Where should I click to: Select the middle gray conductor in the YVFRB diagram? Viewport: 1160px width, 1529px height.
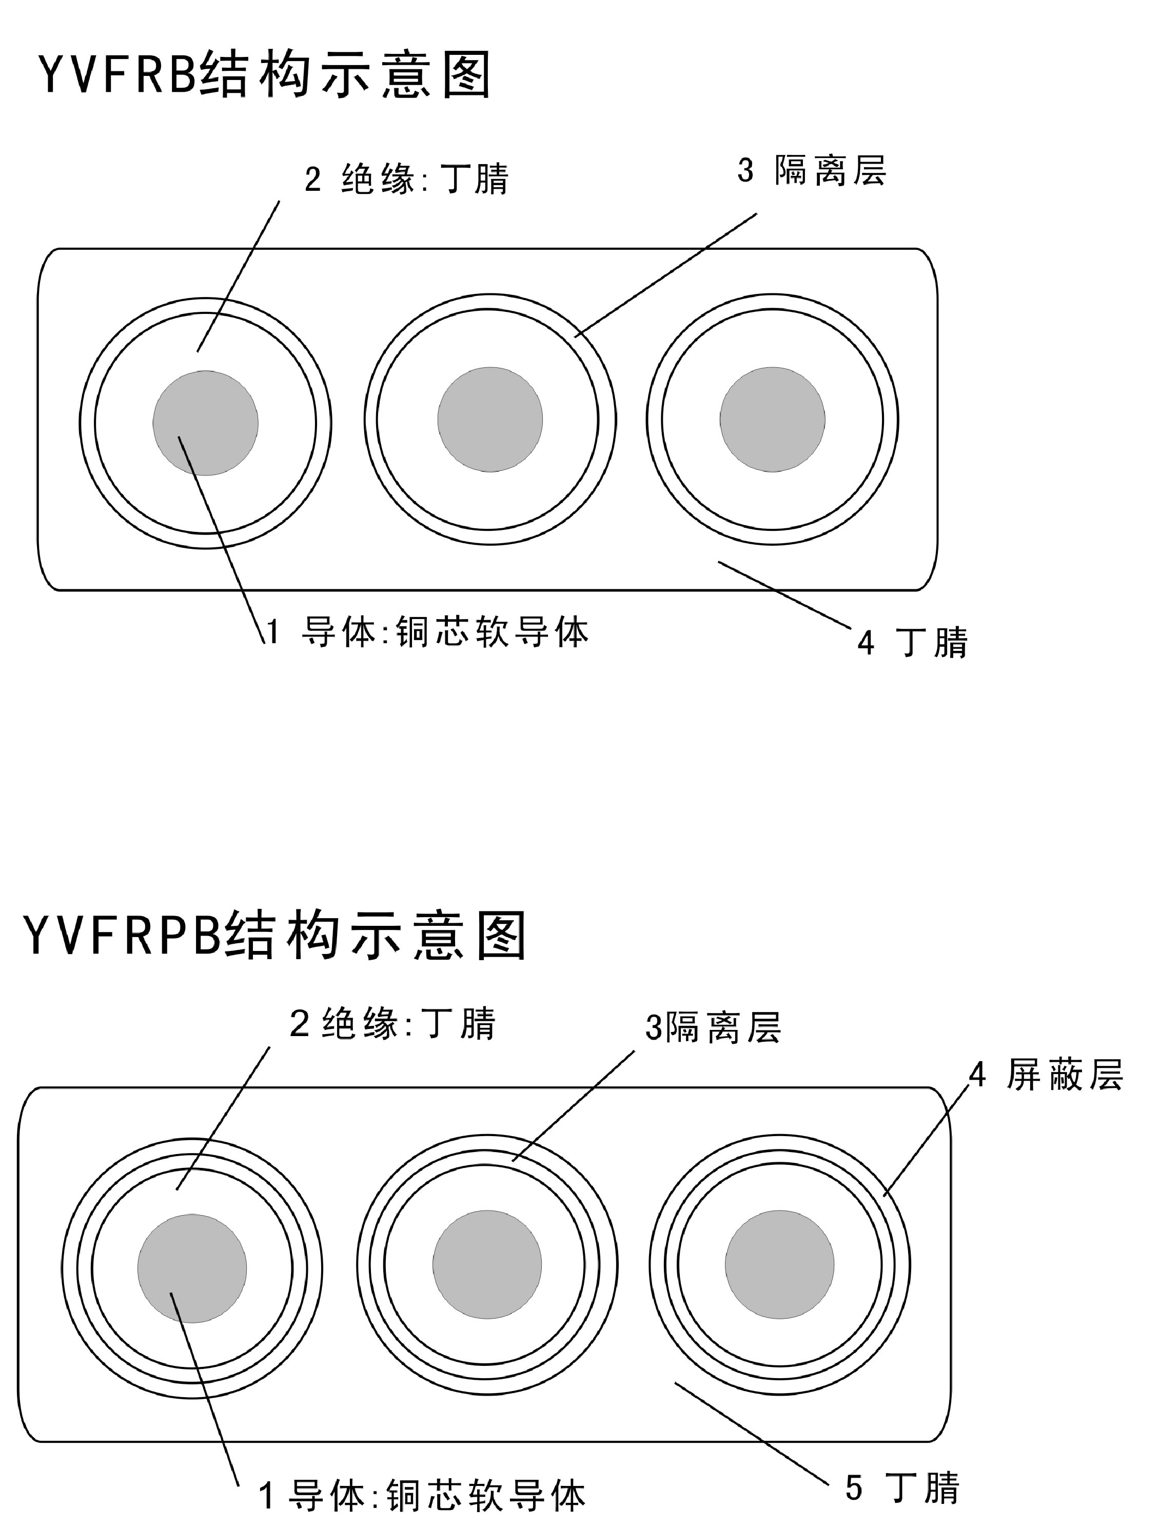point(490,420)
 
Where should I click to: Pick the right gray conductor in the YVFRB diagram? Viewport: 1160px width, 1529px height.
point(772,420)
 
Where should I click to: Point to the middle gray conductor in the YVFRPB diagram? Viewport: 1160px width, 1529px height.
point(487,1264)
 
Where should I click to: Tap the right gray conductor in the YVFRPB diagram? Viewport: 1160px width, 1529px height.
point(780,1264)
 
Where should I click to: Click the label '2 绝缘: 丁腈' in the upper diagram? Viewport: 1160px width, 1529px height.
point(406,180)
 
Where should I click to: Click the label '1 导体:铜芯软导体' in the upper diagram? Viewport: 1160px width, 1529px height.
point(427,632)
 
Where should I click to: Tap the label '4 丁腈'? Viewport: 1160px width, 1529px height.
point(913,643)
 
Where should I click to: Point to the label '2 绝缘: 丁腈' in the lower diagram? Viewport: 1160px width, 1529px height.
point(392,1024)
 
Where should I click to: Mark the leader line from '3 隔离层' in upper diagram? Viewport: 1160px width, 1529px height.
point(666,274)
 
